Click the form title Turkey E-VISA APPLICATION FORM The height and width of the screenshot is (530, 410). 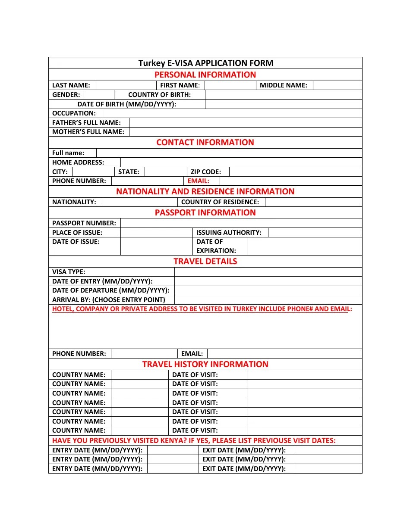point(205,63)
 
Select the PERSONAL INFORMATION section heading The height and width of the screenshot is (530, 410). point(205,75)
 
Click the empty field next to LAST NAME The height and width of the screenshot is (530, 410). point(126,85)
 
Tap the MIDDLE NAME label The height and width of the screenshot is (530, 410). point(283,85)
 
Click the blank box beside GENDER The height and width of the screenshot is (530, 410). point(99,95)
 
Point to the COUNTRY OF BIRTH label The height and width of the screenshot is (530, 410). point(159,95)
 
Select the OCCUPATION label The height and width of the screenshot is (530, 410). point(74,113)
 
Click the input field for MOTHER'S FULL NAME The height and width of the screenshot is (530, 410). point(245,132)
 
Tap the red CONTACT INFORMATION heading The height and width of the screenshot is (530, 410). point(205,143)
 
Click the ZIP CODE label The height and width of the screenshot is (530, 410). point(205,172)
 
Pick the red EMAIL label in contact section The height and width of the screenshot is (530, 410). point(198,181)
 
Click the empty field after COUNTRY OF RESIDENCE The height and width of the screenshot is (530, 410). point(313,202)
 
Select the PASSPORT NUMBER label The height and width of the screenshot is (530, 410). point(84,223)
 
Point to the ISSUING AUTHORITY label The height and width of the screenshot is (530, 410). point(229,233)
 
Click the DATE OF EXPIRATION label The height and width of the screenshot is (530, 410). point(216,246)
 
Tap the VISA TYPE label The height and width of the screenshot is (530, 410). point(69,272)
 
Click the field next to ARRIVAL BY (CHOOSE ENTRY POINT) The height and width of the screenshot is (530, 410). point(268,300)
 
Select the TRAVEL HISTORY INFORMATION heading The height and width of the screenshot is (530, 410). point(205,365)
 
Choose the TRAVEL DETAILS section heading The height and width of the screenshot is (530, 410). point(205,262)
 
